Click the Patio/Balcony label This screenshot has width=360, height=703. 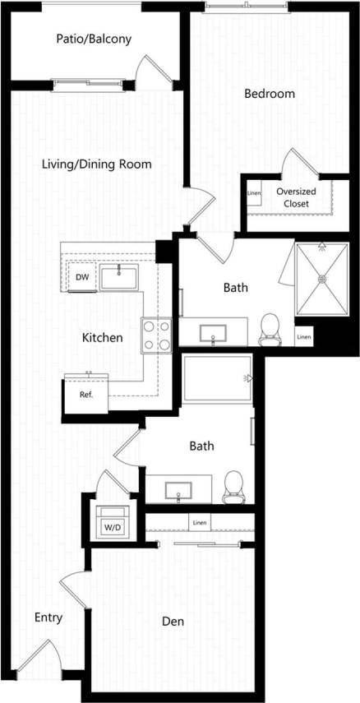94,39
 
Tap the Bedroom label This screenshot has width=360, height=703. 269,94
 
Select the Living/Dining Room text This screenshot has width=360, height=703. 97,164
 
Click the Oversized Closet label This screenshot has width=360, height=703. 296,197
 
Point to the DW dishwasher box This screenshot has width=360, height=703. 82,277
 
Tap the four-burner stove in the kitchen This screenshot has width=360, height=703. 156,335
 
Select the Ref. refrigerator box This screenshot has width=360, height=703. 86,395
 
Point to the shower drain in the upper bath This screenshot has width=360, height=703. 322,279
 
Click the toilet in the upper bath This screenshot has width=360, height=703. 269,330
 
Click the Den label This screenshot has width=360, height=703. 173,622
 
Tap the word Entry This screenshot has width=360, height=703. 48,617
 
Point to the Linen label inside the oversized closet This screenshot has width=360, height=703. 254,194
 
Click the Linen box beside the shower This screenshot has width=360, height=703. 304,336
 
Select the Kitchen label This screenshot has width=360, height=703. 103,337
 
